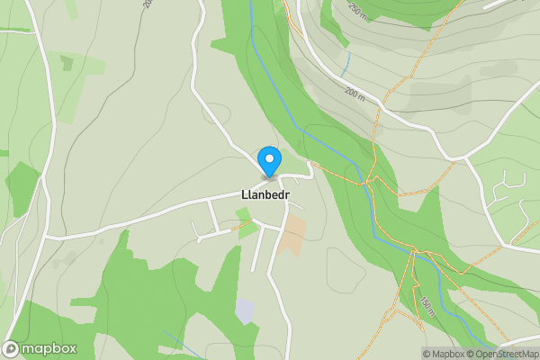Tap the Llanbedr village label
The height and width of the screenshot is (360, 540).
[x=265, y=194]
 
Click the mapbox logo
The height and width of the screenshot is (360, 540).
[x=40, y=348]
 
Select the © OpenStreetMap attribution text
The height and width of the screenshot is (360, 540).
[x=501, y=354]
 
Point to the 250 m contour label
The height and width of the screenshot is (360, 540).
[x=358, y=11]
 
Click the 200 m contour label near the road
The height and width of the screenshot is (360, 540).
[x=356, y=94]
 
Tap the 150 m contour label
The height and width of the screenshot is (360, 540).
[x=426, y=307]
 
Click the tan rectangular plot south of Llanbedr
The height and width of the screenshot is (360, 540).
[x=292, y=236]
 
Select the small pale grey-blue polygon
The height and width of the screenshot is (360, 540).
[x=245, y=311]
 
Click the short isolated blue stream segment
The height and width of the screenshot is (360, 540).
[x=346, y=63]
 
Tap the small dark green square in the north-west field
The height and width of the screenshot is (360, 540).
[x=67, y=63]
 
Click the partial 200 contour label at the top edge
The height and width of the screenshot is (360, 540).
[x=147, y=4]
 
